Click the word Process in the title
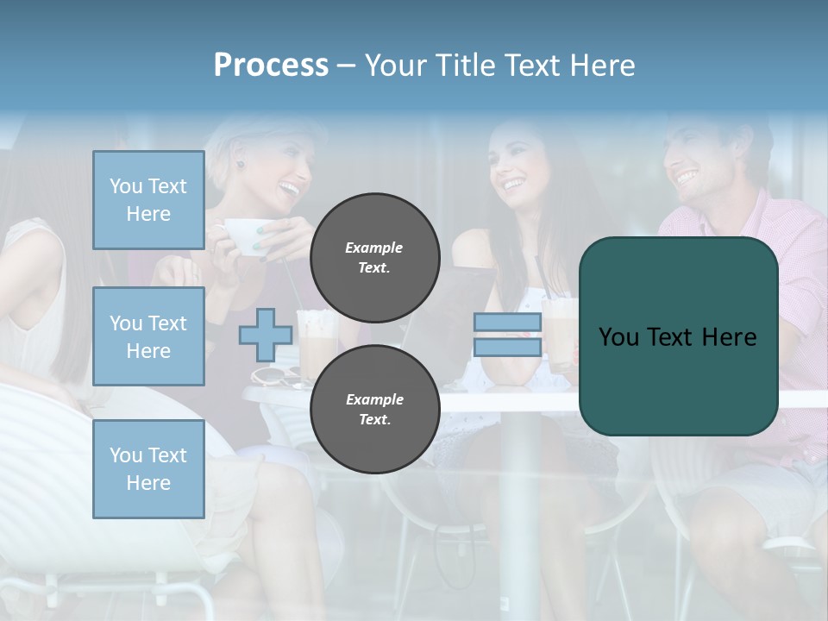(271, 66)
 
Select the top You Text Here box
(148, 200)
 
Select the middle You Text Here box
(148, 336)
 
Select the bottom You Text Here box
(148, 468)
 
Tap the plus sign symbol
(265, 336)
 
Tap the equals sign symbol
(507, 335)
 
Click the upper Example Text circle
(374, 257)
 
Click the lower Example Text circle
(374, 409)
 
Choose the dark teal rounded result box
(678, 336)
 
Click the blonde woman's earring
(241, 164)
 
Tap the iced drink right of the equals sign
(559, 332)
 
